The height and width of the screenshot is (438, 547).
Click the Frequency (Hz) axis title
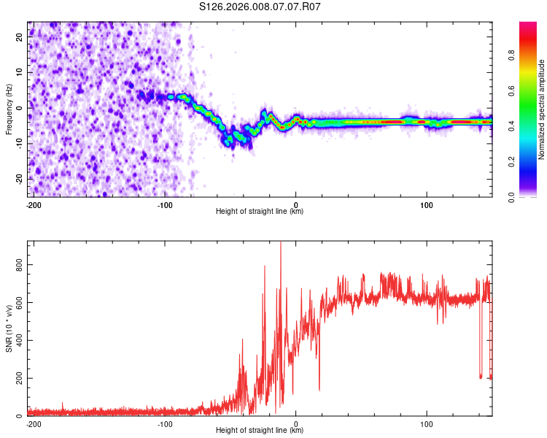(9, 109)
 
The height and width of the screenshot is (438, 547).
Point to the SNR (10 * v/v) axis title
(9, 328)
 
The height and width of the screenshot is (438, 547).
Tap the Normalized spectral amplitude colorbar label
(542, 109)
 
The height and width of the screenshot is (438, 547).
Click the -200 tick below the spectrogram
(33, 204)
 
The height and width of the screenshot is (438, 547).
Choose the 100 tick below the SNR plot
(427, 423)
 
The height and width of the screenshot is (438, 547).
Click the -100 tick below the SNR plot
(165, 423)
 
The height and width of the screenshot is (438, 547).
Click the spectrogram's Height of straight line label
(260, 212)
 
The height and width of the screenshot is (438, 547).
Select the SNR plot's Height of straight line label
(260, 431)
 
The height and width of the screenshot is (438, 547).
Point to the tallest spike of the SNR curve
(281, 244)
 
